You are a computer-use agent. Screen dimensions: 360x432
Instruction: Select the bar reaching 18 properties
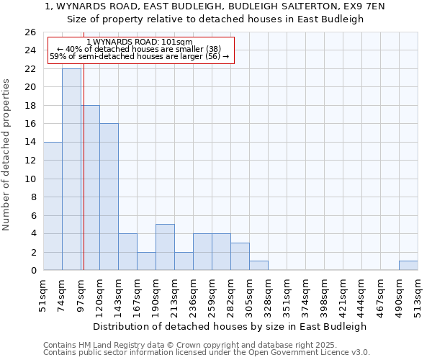pos(90,187)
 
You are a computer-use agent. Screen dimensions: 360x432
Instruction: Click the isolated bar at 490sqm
pos(408,266)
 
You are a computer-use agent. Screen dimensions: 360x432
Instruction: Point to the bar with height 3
pos(240,256)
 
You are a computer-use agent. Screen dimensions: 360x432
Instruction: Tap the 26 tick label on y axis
pos(30,32)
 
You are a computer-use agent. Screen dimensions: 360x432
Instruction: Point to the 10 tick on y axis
pos(30,179)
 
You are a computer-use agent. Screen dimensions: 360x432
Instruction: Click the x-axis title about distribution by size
pos(230,326)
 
